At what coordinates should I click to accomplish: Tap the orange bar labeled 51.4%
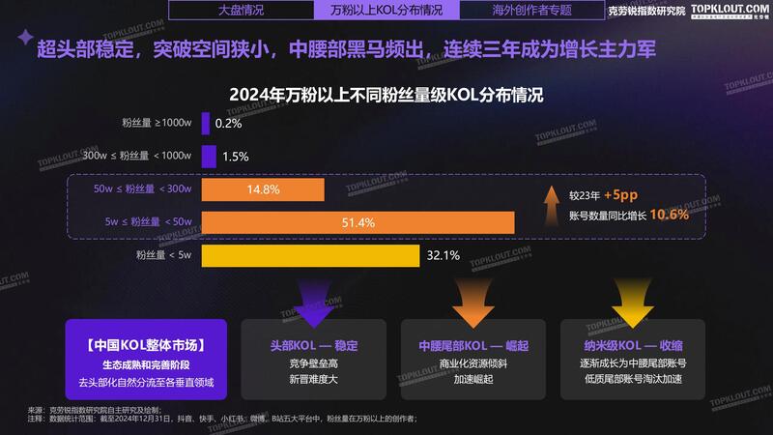(x=358, y=223)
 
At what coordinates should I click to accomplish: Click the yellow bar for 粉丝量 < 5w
(x=309, y=256)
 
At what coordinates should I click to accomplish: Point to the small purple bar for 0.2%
(x=205, y=123)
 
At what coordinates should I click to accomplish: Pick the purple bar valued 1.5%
(x=208, y=156)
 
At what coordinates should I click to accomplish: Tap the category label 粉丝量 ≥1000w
(x=157, y=123)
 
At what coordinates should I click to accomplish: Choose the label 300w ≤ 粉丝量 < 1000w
(x=138, y=156)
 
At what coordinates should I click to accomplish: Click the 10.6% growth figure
(x=669, y=215)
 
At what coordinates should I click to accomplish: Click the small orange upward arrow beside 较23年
(x=552, y=204)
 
